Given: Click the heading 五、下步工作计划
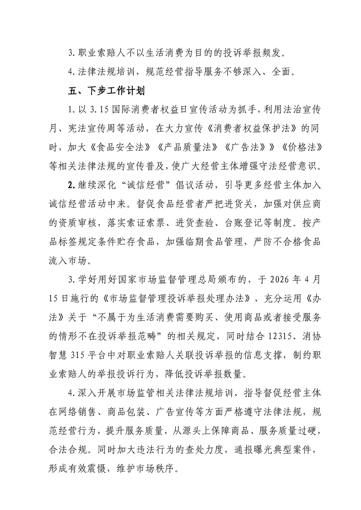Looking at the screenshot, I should tap(105, 91).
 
